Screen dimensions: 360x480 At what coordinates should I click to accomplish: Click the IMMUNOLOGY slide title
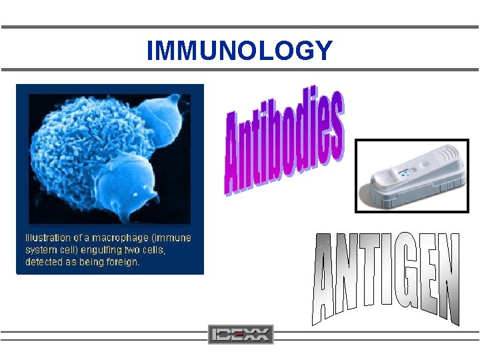pyautogui.click(x=239, y=51)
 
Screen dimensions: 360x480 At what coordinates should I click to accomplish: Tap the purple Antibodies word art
pyautogui.click(x=284, y=144)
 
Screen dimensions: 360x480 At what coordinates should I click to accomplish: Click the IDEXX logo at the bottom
pyautogui.click(x=241, y=334)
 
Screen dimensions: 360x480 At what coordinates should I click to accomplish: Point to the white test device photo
pyautogui.click(x=411, y=177)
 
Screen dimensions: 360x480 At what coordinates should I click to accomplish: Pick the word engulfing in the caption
pyautogui.click(x=93, y=250)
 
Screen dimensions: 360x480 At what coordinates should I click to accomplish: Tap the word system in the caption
pyautogui.click(x=41, y=250)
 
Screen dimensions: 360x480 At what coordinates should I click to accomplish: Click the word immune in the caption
pyautogui.click(x=175, y=238)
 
